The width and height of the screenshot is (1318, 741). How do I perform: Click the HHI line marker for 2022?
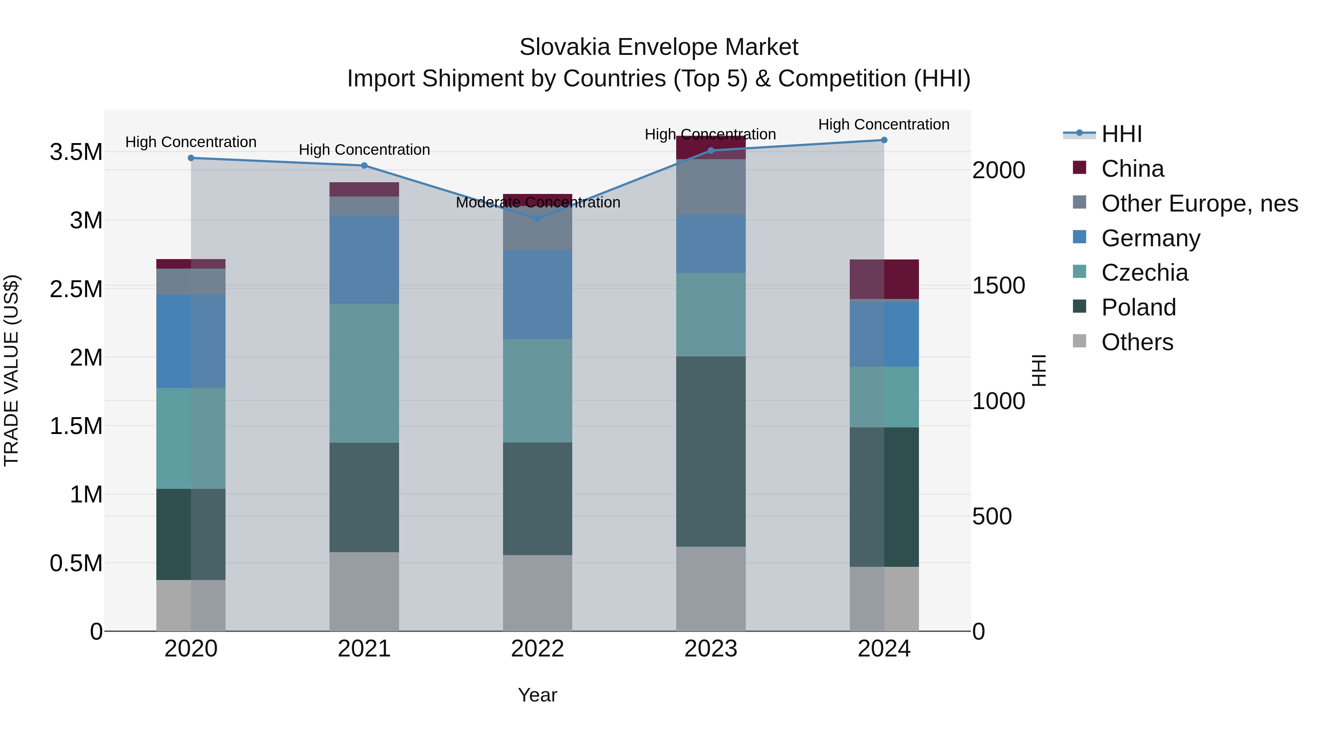click(537, 218)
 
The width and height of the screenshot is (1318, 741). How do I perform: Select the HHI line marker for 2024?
click(884, 140)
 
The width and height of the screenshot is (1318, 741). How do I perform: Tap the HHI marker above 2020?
click(191, 158)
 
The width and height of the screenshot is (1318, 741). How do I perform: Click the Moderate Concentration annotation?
click(538, 202)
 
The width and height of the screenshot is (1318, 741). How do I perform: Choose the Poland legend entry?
click(1138, 307)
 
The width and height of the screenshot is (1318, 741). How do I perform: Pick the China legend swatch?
click(1080, 168)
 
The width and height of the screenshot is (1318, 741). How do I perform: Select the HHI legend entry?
click(1121, 134)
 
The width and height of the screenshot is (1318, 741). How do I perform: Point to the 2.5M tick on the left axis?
click(76, 289)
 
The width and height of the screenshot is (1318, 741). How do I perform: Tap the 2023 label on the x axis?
click(710, 649)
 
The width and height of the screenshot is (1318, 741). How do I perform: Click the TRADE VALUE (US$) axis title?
click(11, 370)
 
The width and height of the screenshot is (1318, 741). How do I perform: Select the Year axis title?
click(537, 695)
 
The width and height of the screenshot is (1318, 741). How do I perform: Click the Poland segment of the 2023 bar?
click(710, 451)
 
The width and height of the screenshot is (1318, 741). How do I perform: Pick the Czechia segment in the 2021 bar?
click(364, 373)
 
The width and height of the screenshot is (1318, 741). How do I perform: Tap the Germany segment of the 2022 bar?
click(537, 294)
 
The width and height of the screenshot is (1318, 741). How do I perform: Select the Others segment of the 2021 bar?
click(364, 591)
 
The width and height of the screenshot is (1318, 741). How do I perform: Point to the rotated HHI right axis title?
click(1039, 370)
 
